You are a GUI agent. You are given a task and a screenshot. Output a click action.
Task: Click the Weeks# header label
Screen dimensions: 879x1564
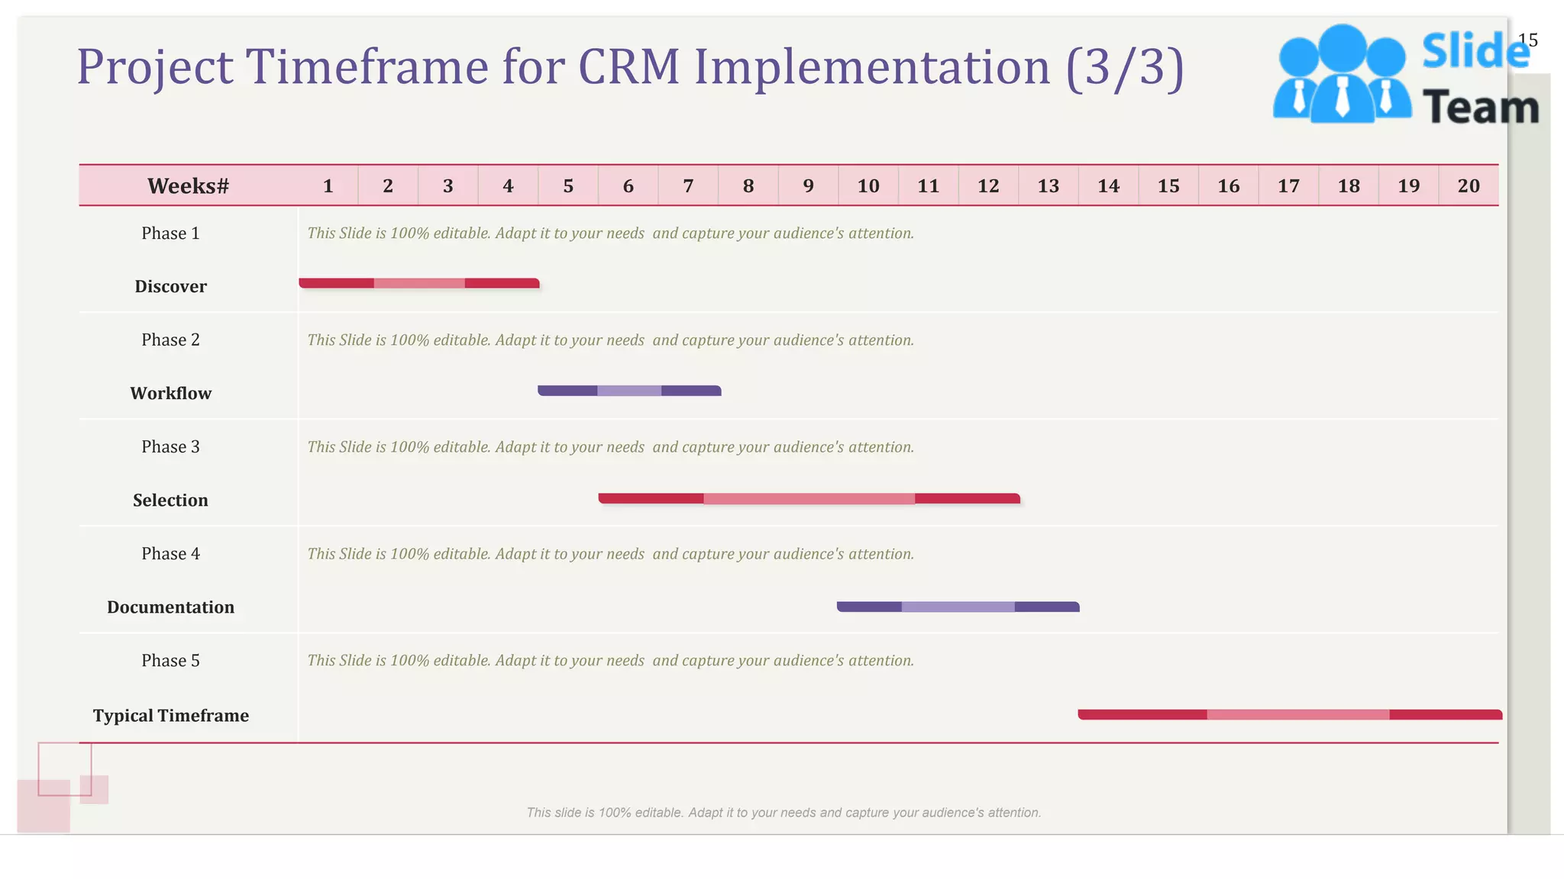click(x=188, y=185)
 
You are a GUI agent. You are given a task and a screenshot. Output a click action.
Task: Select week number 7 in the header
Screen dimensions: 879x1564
click(x=688, y=185)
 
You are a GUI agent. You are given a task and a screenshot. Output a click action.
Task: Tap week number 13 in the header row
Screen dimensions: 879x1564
click(x=1048, y=185)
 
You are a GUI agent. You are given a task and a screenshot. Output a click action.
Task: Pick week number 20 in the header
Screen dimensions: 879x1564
click(x=1468, y=185)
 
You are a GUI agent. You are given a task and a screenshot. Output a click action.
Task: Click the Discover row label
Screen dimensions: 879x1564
click(x=170, y=286)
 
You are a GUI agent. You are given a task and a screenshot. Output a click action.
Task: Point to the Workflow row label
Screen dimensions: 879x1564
click(x=170, y=393)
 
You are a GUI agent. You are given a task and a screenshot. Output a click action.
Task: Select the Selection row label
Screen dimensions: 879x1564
click(x=170, y=500)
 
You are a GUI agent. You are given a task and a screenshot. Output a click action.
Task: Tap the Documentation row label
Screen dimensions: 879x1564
click(x=170, y=607)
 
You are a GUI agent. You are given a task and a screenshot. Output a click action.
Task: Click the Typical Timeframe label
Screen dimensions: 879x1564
click(x=170, y=715)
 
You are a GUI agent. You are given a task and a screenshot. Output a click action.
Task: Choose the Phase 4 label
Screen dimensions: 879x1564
click(x=170, y=553)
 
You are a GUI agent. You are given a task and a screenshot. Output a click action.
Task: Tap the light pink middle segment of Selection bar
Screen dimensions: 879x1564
click(x=809, y=498)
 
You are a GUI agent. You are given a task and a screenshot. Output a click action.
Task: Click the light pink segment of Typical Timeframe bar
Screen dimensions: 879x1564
click(x=1297, y=714)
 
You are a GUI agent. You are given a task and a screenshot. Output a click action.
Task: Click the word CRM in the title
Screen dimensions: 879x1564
click(x=628, y=66)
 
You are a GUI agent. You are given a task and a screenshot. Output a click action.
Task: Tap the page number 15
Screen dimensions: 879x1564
click(x=1527, y=40)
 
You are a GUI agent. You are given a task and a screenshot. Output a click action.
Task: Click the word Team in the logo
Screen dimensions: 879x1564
click(x=1480, y=107)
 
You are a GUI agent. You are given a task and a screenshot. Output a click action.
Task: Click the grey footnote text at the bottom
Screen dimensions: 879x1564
click(x=784, y=813)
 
